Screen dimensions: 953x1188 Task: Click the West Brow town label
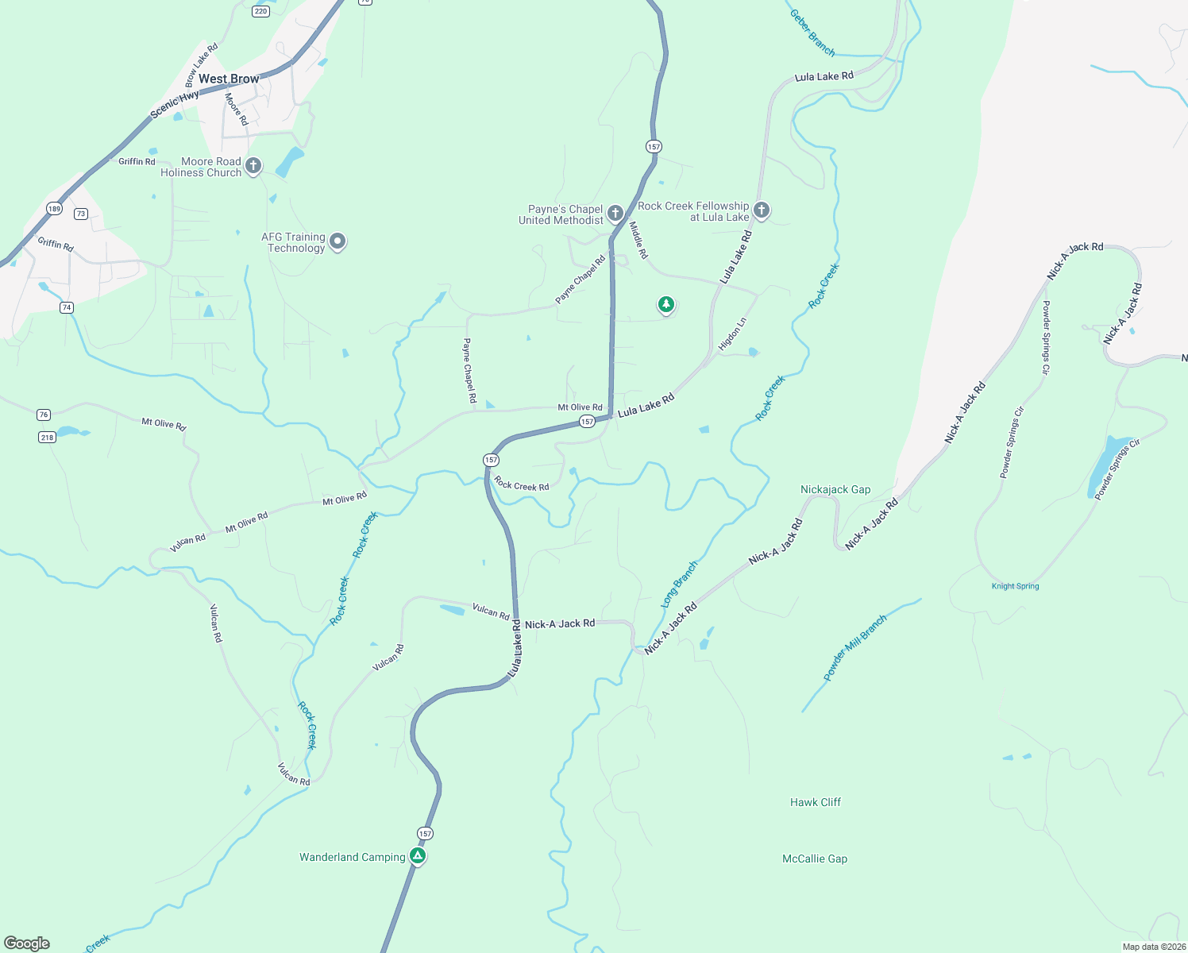[x=229, y=79]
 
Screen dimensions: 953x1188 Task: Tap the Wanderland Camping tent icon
[x=418, y=855]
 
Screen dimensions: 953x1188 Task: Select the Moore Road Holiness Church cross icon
[x=253, y=165]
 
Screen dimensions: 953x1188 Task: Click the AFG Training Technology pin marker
[x=337, y=241]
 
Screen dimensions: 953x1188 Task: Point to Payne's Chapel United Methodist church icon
[x=615, y=213]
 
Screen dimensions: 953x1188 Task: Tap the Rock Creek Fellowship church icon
[x=761, y=210]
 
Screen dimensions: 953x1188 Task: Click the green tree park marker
[x=665, y=304]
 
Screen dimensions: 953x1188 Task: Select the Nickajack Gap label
[x=835, y=489]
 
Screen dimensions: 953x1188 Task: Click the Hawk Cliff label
[x=815, y=802]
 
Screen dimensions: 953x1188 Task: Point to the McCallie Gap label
[x=815, y=858]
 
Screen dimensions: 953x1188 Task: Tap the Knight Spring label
[x=1015, y=586]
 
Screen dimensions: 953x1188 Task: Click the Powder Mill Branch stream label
[x=854, y=647]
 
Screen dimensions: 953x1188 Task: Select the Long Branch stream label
[x=679, y=585]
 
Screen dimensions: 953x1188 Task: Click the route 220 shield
[x=261, y=11]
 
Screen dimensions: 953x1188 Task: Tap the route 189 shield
[x=54, y=209]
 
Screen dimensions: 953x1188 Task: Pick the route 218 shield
[x=47, y=437]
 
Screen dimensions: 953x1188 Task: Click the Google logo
[x=27, y=943]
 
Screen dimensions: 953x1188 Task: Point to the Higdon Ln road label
[x=732, y=334]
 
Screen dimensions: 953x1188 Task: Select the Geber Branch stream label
[x=812, y=33]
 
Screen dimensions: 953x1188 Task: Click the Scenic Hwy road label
[x=175, y=104]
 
